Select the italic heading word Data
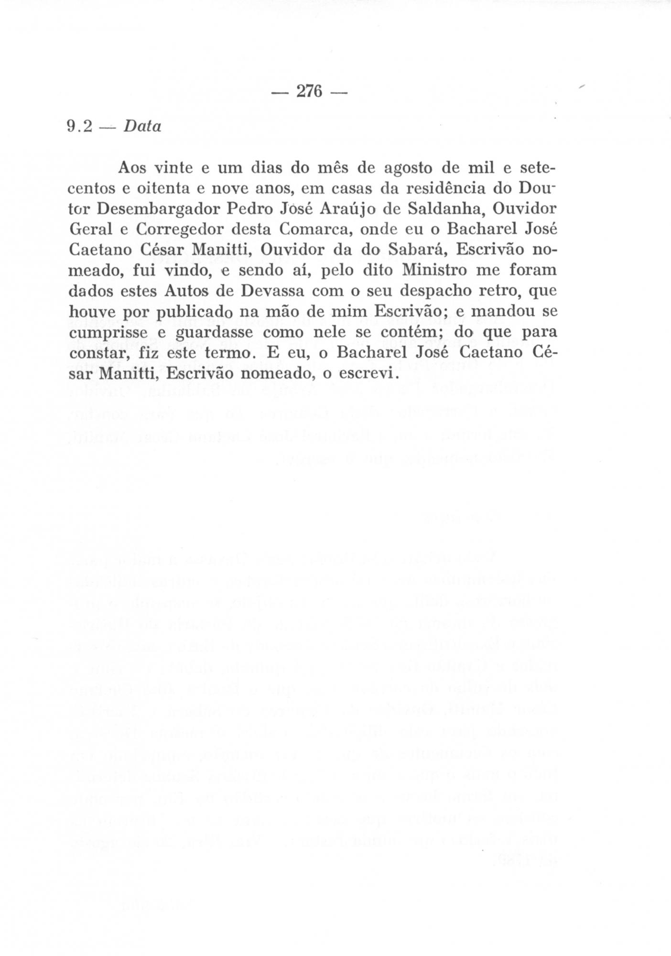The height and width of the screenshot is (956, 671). coord(142,126)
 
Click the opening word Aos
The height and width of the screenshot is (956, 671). coord(132,168)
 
